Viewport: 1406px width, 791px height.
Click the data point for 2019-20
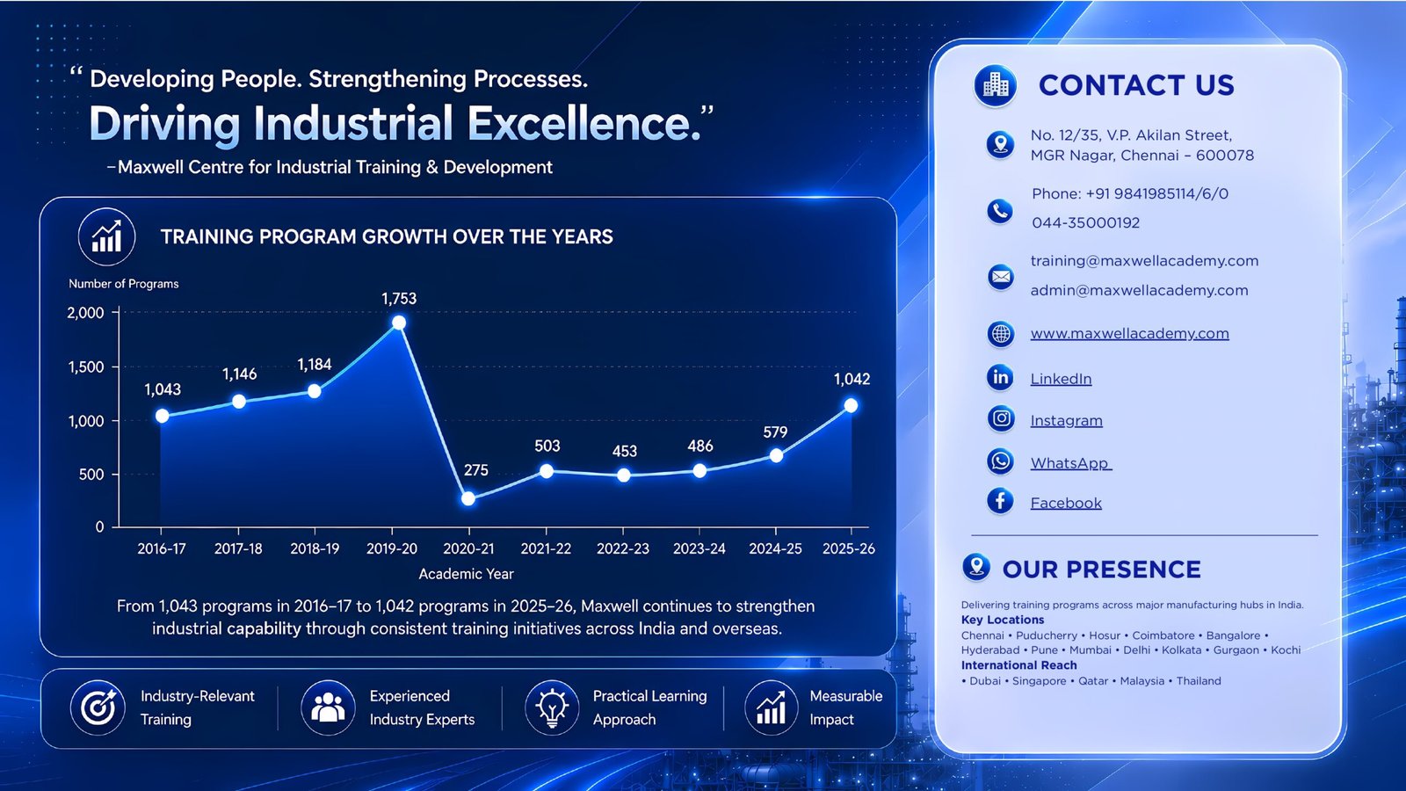click(399, 323)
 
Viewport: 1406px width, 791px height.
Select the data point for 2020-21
click(468, 499)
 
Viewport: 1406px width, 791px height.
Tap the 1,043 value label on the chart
click(163, 390)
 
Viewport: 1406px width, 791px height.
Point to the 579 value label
click(775, 432)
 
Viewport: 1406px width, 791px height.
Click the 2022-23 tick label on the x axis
click(623, 548)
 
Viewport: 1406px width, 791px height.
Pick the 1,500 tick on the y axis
click(86, 367)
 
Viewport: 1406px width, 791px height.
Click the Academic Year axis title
click(466, 574)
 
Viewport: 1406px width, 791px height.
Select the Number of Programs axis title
click(124, 284)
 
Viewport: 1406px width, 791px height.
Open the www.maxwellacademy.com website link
click(1129, 333)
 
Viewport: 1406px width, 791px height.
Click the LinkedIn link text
click(1061, 379)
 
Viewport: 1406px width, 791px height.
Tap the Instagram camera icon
click(1001, 418)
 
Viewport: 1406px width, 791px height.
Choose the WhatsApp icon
click(1001, 461)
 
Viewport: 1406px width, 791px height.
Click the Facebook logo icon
click(1001, 501)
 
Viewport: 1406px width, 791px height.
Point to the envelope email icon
click(1001, 276)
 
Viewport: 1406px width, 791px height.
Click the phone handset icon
click(1000, 211)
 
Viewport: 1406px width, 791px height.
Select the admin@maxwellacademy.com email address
click(1139, 290)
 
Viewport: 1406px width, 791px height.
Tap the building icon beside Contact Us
click(996, 84)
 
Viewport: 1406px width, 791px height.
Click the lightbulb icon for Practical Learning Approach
click(552, 708)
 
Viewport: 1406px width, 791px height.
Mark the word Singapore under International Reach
click(1039, 681)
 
